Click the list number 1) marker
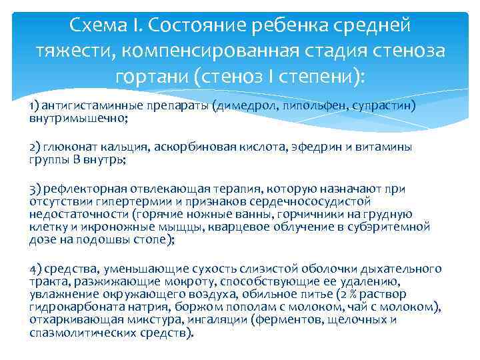35,106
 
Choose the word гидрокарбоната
69,307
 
